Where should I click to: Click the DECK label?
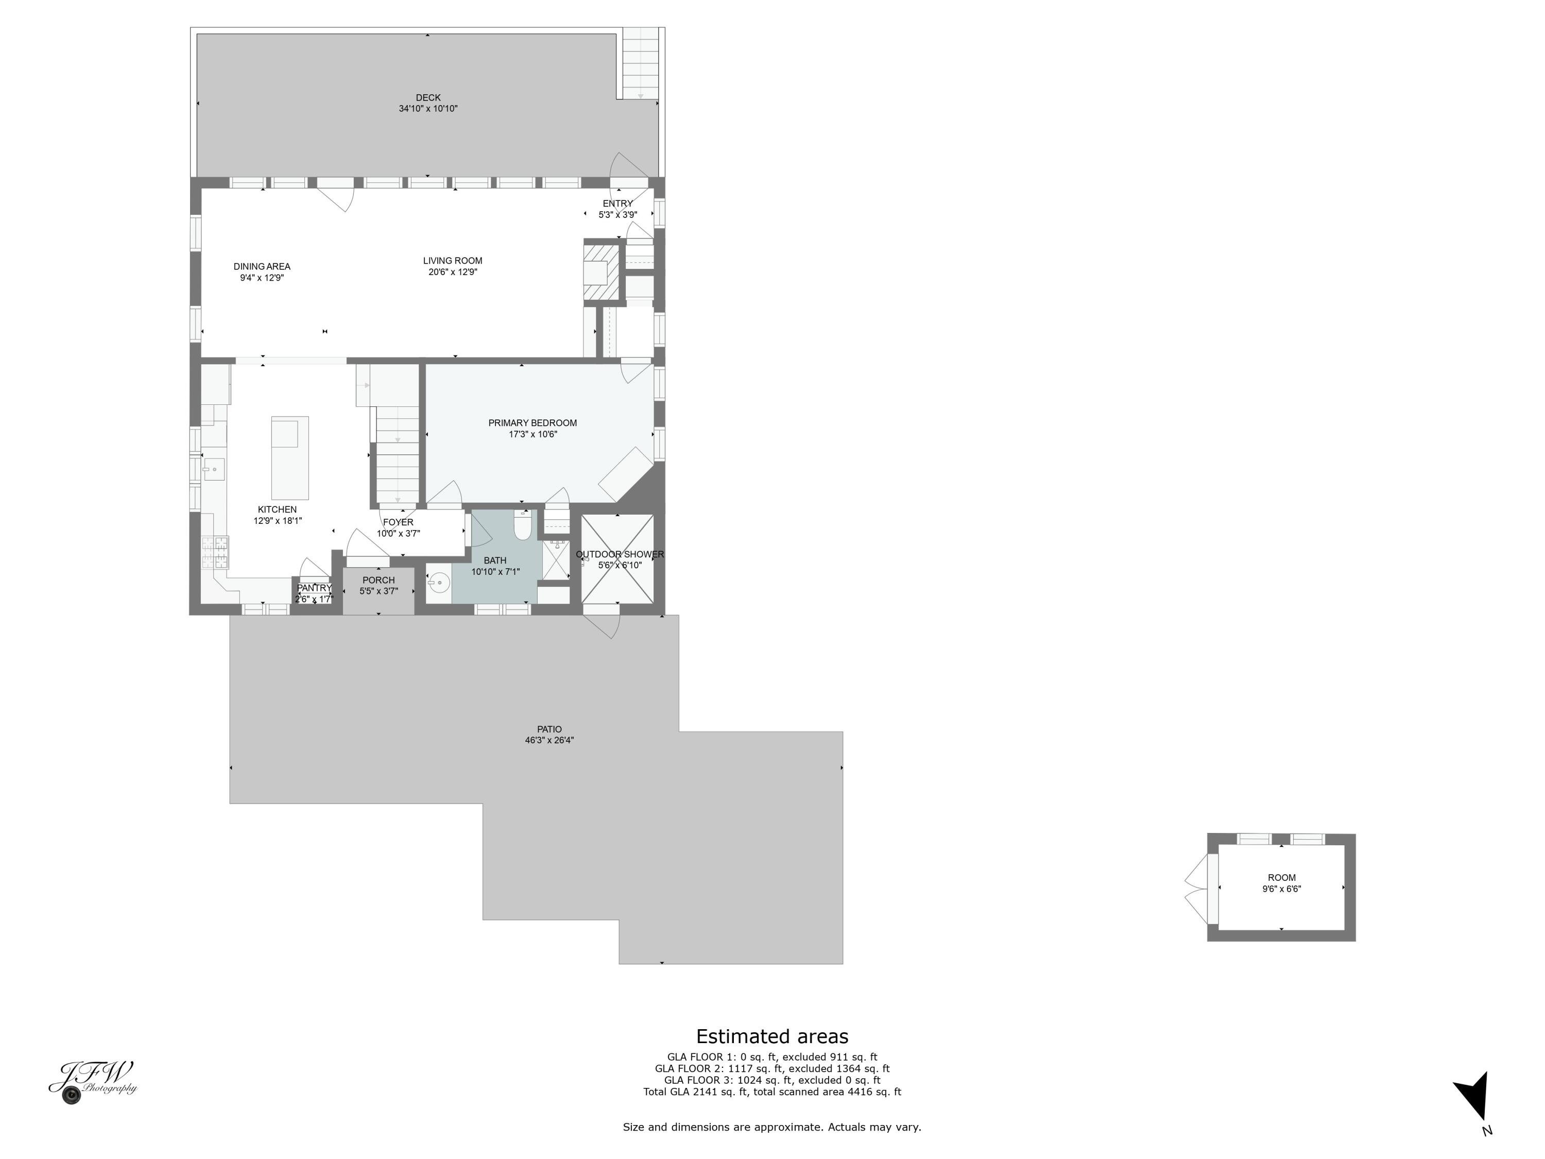(427, 98)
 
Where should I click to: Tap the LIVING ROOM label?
(453, 261)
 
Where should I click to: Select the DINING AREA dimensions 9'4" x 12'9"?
(262, 277)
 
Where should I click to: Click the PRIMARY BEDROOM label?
(532, 423)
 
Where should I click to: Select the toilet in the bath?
(522, 525)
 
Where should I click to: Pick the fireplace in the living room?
(600, 271)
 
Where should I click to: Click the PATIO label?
(549, 729)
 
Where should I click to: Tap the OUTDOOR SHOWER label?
(620, 554)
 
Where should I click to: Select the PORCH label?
(379, 580)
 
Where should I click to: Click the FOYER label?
(398, 522)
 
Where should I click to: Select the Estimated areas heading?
(772, 1036)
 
